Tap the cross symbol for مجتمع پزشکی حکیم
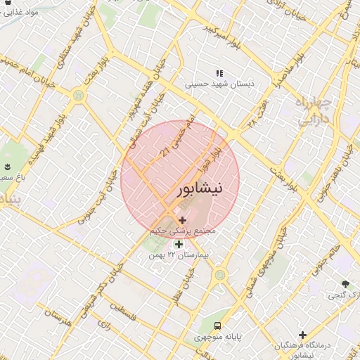click(x=183, y=221)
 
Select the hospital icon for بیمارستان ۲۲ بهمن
click(x=179, y=245)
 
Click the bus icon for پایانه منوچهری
click(x=218, y=326)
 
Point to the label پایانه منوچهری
click(x=219, y=338)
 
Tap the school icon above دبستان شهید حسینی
click(x=219, y=72)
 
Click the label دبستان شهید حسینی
click(x=219, y=84)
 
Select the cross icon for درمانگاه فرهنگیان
click(x=302, y=335)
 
